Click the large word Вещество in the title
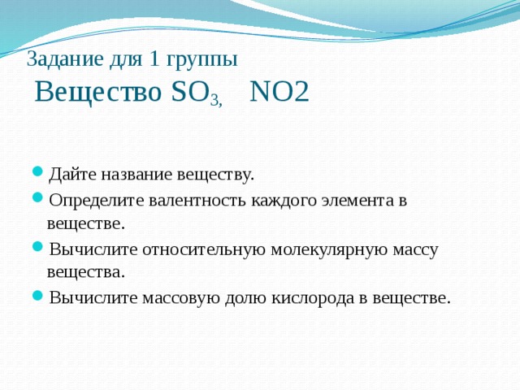click(98, 92)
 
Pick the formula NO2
click(279, 92)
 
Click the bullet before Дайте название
click(37, 175)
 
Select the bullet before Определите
click(37, 200)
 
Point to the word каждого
click(273, 200)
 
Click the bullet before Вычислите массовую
click(37, 297)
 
